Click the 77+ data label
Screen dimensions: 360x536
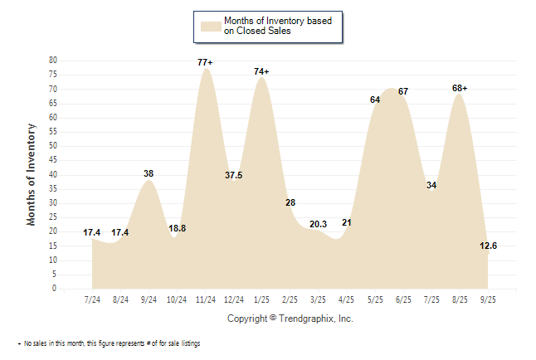coord(206,62)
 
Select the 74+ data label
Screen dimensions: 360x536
coord(261,72)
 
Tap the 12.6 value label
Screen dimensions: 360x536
coord(488,246)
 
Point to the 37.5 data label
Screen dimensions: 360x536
coord(234,175)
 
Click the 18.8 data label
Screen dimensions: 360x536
coord(178,228)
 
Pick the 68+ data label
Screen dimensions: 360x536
coord(459,88)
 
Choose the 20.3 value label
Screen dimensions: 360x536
coord(318,224)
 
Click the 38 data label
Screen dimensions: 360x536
coord(149,173)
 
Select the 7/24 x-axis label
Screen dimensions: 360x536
coord(92,299)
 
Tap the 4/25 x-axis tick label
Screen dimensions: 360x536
coord(346,299)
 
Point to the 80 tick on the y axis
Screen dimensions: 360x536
coord(52,61)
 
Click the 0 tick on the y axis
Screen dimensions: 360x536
coord(55,289)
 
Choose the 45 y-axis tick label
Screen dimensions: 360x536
coord(52,160)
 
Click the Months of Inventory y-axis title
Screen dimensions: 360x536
coord(32,174)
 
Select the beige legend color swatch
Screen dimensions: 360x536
coord(209,26)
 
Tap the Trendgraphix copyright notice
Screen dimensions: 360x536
coord(290,319)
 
